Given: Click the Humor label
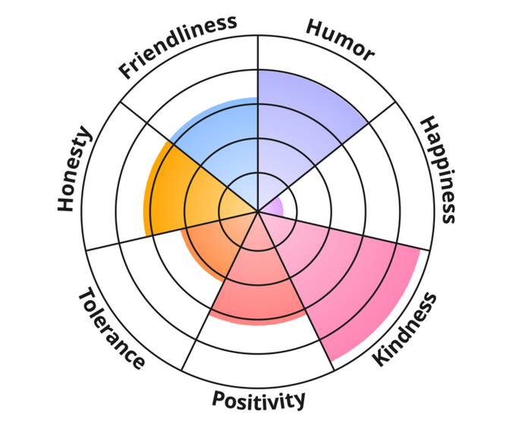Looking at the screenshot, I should (340, 39).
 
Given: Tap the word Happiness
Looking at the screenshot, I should (439, 169).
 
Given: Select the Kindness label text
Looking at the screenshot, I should (405, 329).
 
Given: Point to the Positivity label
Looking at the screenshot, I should (259, 399).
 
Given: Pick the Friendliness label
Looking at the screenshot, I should (178, 46).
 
